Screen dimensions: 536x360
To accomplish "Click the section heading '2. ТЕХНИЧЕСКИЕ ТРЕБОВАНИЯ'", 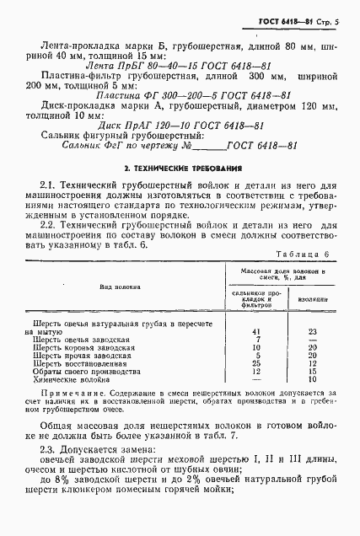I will pyautogui.click(x=181, y=169).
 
